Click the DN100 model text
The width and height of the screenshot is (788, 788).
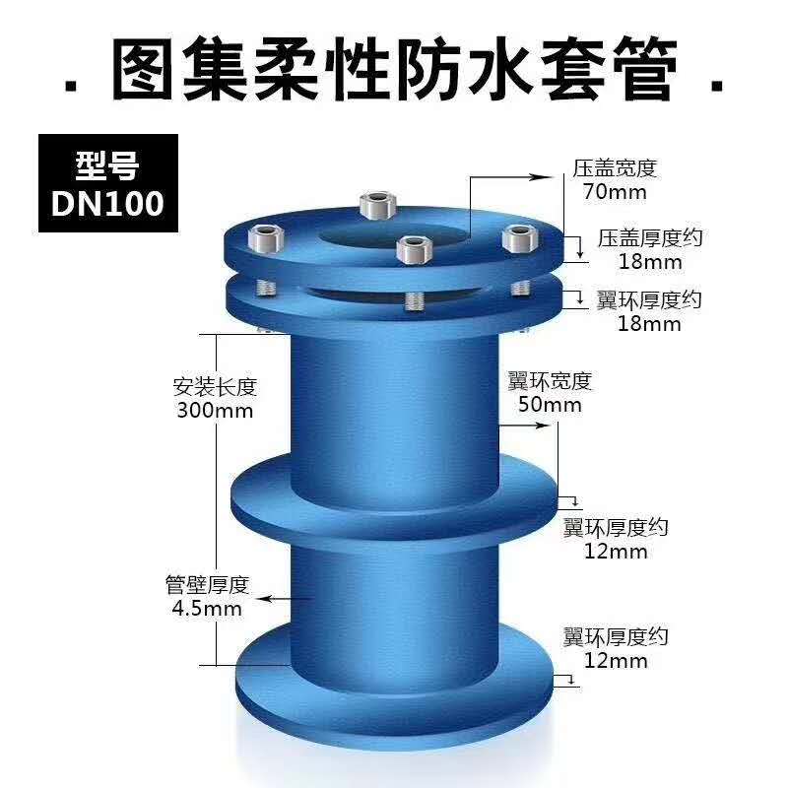point(107,203)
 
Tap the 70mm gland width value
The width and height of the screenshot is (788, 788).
point(615,192)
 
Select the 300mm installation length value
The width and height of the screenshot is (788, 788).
point(215,411)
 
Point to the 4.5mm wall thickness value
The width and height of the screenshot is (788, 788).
point(207,609)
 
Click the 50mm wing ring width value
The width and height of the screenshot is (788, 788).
point(550,405)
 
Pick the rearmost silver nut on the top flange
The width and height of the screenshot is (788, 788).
point(378,205)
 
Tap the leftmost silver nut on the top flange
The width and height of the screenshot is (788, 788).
point(266,238)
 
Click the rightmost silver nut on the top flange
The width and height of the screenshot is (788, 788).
point(520,238)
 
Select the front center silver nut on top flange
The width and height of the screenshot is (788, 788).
point(414,249)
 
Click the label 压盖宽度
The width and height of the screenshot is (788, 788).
point(615,168)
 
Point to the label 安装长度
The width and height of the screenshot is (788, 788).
point(215,387)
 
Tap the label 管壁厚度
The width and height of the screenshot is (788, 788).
point(207,585)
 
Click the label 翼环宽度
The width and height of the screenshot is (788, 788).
point(550,381)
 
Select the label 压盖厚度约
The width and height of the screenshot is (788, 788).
point(650,238)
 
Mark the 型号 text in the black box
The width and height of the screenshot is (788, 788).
point(107,165)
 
